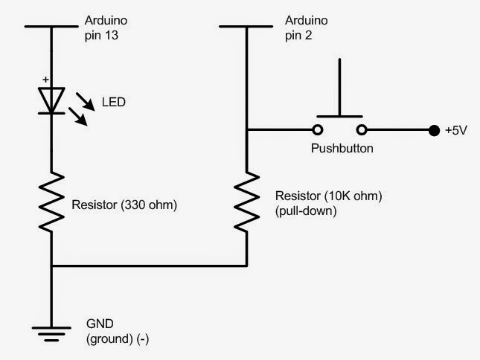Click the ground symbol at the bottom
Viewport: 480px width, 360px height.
pos(51,335)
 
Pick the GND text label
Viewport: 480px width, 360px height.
pos(100,325)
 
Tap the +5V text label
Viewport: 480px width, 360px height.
pos(456,132)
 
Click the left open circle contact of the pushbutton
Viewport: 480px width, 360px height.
pos(318,132)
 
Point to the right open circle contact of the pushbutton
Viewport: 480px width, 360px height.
pos(362,132)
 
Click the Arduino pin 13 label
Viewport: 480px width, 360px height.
pos(106,26)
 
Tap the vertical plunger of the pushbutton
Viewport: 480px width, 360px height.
pos(340,86)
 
